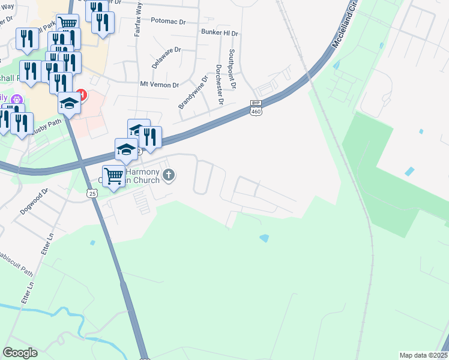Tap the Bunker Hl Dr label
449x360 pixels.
(220, 31)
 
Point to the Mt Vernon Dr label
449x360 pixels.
(159, 85)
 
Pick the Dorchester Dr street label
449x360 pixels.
(219, 85)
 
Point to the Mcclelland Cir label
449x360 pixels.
(345, 28)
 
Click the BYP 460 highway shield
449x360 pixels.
(257, 107)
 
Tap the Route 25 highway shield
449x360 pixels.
(92, 193)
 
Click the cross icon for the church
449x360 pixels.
(169, 175)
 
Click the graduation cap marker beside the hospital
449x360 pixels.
(68, 102)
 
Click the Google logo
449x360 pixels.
(20, 353)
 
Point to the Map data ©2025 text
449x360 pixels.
(423, 355)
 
